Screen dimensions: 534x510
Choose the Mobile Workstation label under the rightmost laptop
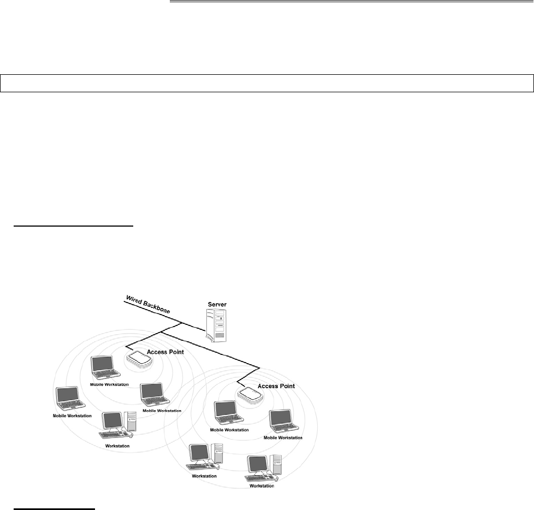[283, 437]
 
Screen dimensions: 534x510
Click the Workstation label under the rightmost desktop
[262, 485]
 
